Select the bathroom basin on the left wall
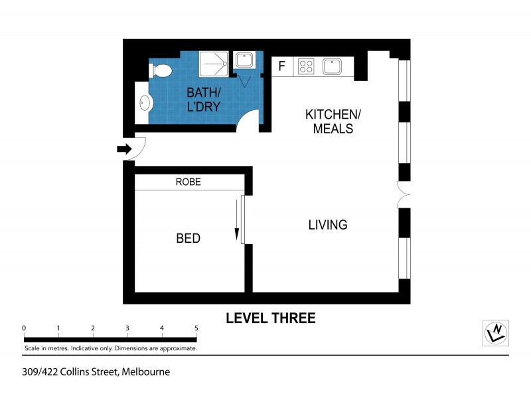click(145, 103)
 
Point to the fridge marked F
click(281, 66)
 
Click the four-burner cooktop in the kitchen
click(306, 66)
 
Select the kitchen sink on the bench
click(332, 66)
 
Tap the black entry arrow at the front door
click(124, 149)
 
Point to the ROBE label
click(188, 182)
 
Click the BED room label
click(188, 238)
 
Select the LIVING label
click(327, 225)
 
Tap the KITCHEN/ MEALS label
click(333, 121)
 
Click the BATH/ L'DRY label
click(203, 99)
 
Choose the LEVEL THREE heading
click(270, 318)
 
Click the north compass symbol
click(495, 332)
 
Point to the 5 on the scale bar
click(196, 328)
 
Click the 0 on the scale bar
click(24, 328)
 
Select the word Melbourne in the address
click(146, 371)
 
